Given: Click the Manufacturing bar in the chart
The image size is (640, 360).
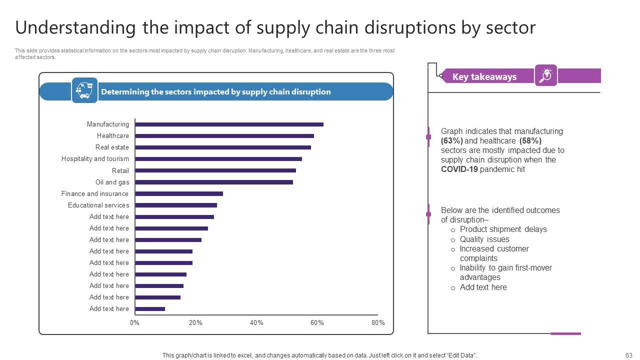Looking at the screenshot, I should (229, 124).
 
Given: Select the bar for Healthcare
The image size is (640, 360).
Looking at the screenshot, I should (224, 136).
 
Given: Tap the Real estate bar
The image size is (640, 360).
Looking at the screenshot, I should (223, 147).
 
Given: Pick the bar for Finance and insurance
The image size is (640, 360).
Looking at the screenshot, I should (179, 193).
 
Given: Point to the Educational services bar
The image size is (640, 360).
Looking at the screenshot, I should (176, 205).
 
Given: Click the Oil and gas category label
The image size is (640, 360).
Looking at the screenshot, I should (112, 182).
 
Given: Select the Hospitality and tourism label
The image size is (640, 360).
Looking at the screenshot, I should (95, 159).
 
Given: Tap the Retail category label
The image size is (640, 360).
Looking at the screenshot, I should (120, 171).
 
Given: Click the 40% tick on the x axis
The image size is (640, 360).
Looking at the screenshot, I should (256, 323).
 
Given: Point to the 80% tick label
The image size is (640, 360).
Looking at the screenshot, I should (378, 323).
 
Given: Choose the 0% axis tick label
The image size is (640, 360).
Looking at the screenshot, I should (134, 323).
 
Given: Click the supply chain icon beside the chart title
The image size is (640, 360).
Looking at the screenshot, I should (84, 90).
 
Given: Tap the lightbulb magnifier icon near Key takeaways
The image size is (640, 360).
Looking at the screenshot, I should (546, 75).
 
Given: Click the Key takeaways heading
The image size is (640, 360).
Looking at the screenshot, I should (484, 76).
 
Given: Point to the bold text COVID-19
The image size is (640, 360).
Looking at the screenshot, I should (459, 169).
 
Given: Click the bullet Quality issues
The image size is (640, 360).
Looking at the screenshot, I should (484, 239).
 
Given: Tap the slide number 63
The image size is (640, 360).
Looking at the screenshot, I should (628, 355).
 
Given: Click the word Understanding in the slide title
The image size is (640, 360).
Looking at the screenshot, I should (75, 27).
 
